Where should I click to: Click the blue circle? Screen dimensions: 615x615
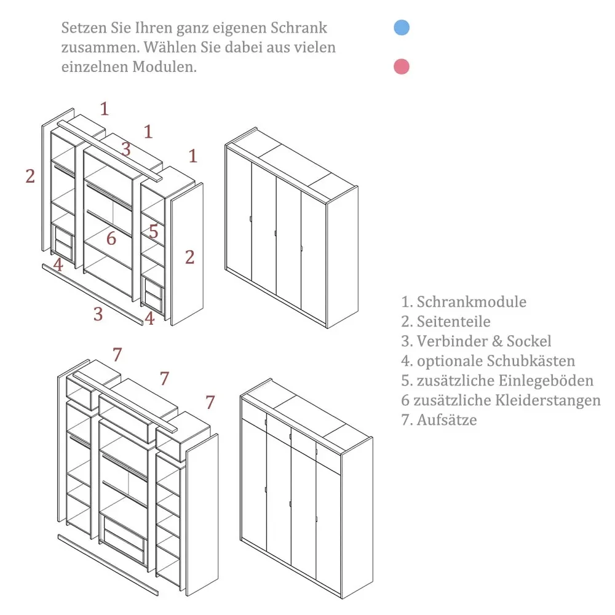tap(402, 28)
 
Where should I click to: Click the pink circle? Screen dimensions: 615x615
tap(402, 66)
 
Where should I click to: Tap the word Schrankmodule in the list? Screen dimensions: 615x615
tap(471, 302)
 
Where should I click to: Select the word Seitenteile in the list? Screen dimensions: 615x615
tap(453, 322)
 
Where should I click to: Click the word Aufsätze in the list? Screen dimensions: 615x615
tap(446, 420)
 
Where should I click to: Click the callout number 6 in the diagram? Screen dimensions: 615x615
tap(111, 239)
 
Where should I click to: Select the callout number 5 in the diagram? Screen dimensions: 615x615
tap(153, 232)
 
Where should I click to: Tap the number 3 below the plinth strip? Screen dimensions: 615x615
tap(98, 314)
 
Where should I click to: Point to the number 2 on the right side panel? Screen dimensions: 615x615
tap(189, 257)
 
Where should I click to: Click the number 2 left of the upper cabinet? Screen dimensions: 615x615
tap(30, 176)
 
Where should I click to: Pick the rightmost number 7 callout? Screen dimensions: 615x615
tap(210, 403)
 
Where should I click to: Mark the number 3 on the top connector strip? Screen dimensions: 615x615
tap(125, 149)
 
